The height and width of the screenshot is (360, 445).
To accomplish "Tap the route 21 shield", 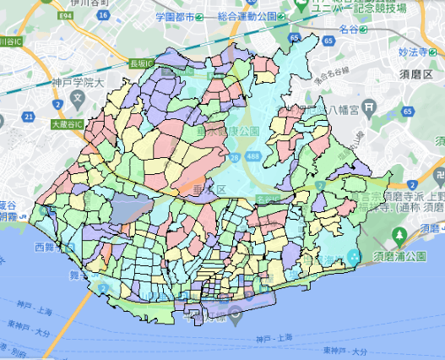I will [30, 117].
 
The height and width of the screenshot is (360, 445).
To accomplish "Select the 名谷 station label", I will [345, 29].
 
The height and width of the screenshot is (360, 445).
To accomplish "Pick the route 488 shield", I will [252, 156].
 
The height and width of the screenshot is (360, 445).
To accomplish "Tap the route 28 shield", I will [233, 156].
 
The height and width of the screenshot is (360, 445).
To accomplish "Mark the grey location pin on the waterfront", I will [236, 314].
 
